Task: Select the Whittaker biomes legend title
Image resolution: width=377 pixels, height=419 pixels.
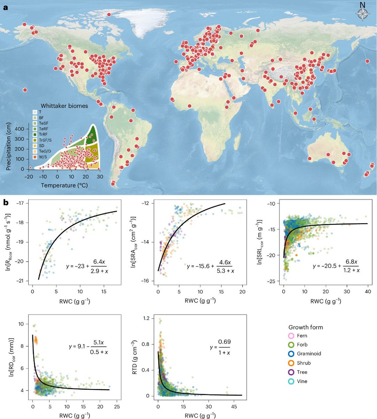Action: click(64, 106)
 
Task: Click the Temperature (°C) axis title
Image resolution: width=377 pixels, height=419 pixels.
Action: click(64, 185)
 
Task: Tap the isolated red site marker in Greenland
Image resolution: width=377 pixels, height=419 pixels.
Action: click(109, 15)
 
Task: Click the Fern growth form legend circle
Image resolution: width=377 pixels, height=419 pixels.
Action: click(292, 336)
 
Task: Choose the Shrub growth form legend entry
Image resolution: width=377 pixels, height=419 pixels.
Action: click(299, 363)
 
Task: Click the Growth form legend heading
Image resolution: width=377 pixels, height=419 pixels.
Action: click(306, 327)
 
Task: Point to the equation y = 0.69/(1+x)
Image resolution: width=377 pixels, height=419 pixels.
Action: click(220, 347)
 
